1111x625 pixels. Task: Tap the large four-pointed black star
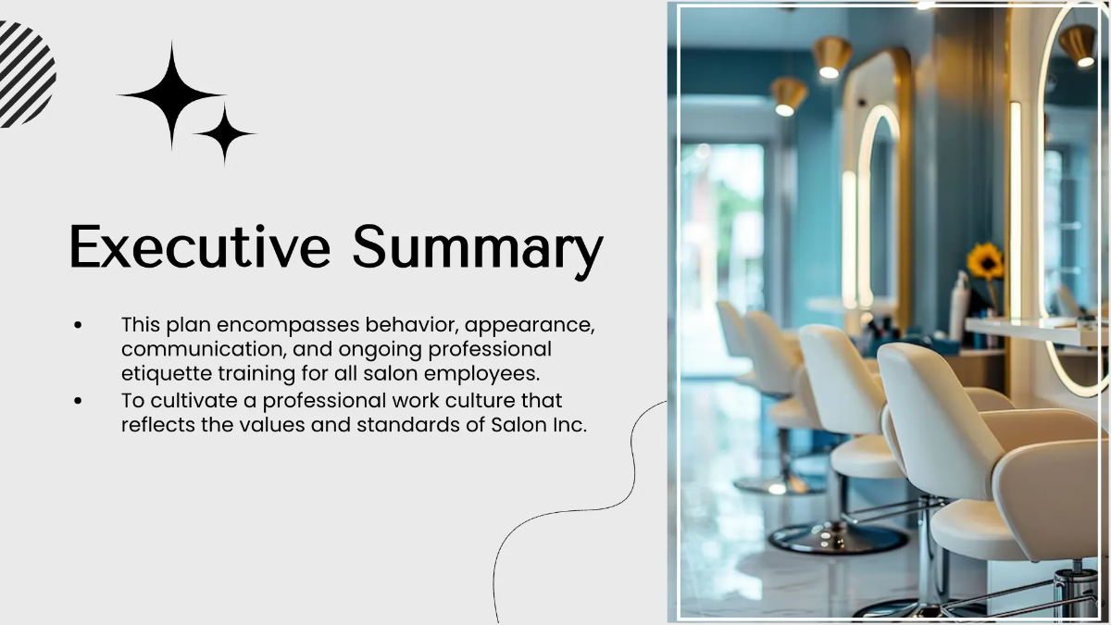coord(171,94)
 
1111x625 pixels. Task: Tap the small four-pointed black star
coord(223,134)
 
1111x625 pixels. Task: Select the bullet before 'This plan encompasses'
coord(79,326)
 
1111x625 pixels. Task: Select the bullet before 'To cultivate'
coord(79,401)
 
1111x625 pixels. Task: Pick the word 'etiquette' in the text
coord(162,374)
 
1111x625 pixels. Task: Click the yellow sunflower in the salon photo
coord(985,262)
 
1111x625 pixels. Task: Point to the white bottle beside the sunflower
coord(959,306)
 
